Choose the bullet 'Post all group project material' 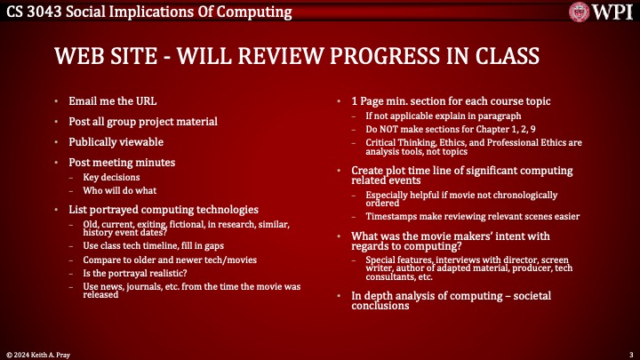pos(142,122)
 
